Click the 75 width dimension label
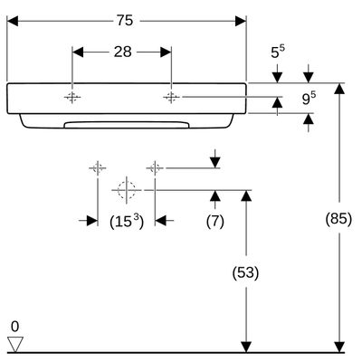pyautogui.click(x=125, y=21)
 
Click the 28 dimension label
pyautogui.click(x=123, y=52)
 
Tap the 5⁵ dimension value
pyautogui.click(x=278, y=52)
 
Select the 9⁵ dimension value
pyautogui.click(x=309, y=99)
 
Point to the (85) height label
pyautogui.click(x=338, y=218)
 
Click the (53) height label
pyautogui.click(x=246, y=272)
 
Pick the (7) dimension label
pyautogui.click(x=215, y=222)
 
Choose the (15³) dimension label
pyautogui.click(x=127, y=222)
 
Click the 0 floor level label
pyautogui.click(x=14, y=327)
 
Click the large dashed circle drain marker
pyautogui.click(x=127, y=190)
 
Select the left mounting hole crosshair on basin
pyautogui.click(x=72, y=97)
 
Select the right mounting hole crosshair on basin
pyautogui.click(x=171, y=97)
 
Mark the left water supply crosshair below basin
pyautogui.click(x=98, y=167)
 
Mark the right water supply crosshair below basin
pyautogui.click(x=155, y=167)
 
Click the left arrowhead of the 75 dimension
pyautogui.click(x=13, y=21)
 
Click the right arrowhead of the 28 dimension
pyautogui.click(x=166, y=52)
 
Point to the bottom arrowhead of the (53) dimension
pyautogui.click(x=246, y=347)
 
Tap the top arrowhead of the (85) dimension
pyautogui.click(x=340, y=89)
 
